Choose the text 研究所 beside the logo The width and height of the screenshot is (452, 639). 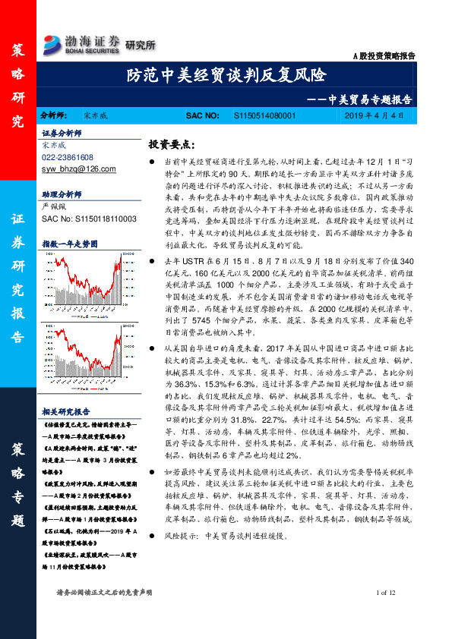(139, 42)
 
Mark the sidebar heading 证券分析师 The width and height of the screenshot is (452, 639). (61, 131)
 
